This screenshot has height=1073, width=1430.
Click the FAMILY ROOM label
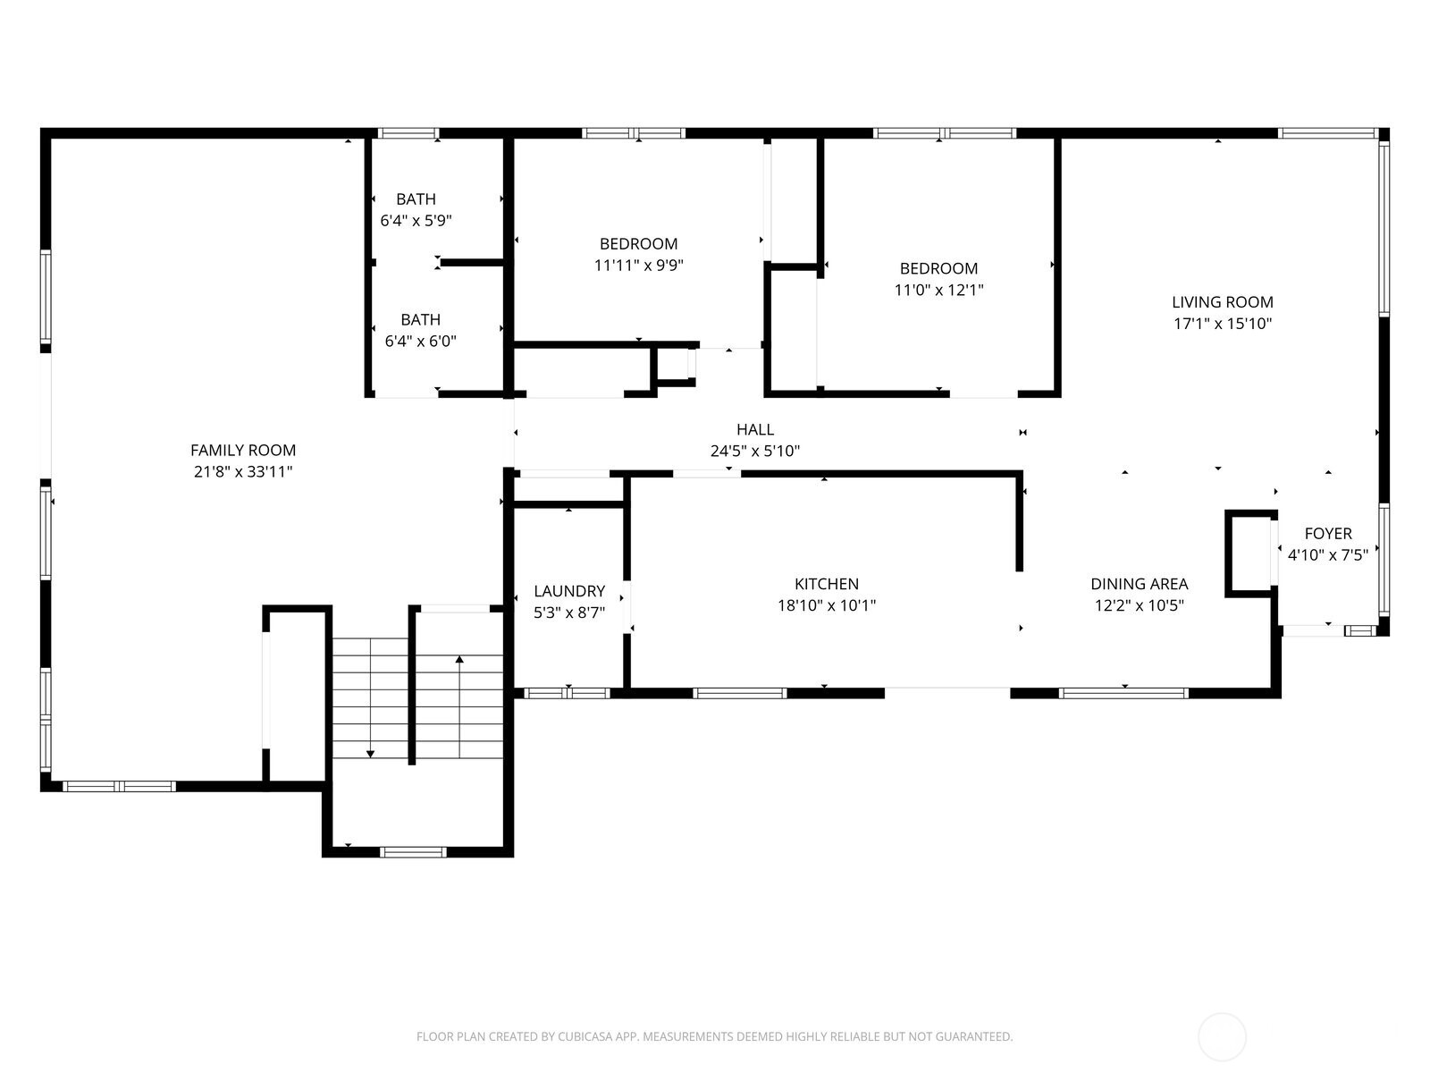[243, 451]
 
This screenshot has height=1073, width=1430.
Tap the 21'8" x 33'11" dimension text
[243, 472]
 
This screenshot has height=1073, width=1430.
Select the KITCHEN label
[827, 584]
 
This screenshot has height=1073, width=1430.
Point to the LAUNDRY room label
[569, 591]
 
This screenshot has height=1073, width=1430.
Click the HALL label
[755, 430]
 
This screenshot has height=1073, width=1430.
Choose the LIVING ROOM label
[1223, 302]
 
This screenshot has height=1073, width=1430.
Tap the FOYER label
[1328, 534]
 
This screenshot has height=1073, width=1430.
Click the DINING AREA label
[1140, 584]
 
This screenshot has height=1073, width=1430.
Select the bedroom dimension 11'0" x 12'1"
[938, 290]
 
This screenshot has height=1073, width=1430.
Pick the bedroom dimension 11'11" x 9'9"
[639, 265]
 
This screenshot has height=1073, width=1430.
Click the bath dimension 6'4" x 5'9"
[416, 220]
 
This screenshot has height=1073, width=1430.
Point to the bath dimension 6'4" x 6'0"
[420, 341]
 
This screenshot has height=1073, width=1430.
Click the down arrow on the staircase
[370, 754]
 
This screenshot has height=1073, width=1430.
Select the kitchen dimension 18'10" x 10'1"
[827, 605]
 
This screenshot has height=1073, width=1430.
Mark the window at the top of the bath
[408, 133]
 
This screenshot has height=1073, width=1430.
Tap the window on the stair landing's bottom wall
[413, 851]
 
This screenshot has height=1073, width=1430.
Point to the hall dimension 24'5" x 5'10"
[755, 452]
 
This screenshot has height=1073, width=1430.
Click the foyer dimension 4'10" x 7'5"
[1328, 555]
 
